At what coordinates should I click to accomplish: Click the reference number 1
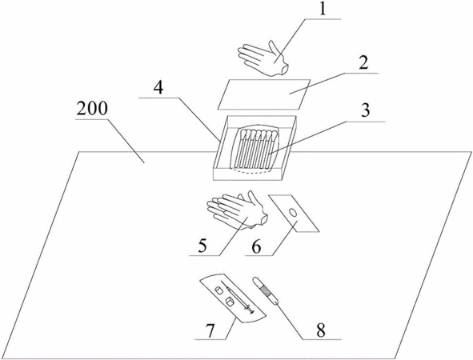tap(323, 10)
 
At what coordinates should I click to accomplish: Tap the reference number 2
tap(363, 64)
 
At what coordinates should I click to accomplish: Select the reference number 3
tap(365, 110)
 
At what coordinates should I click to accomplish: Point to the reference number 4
tap(158, 88)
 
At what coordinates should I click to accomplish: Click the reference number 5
tap(202, 246)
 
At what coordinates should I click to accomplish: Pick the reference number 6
tap(256, 247)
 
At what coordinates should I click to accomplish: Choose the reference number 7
tap(210, 330)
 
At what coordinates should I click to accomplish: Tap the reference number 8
tap(321, 330)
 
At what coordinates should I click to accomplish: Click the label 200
tap(92, 109)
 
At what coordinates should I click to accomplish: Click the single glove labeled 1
tap(263, 58)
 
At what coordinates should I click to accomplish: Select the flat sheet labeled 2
tap(264, 94)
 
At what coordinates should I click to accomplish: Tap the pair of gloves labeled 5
tap(237, 210)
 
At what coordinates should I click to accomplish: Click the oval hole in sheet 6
tap(293, 213)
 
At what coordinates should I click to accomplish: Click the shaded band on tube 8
tap(267, 290)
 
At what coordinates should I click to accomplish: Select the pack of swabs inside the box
tap(256, 149)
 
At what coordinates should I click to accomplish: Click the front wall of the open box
tap(248, 174)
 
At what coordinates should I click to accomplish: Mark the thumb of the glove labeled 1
tap(275, 49)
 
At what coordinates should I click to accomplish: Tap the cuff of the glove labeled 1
tap(284, 70)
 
